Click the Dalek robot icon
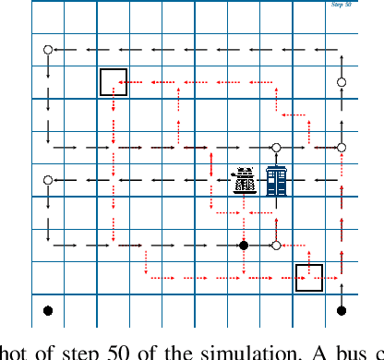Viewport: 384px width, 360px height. point(244,180)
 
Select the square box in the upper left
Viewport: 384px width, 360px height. point(114,81)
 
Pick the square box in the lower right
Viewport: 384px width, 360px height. point(308,278)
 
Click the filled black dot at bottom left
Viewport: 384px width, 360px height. point(48,311)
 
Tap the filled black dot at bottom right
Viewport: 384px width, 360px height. point(342,311)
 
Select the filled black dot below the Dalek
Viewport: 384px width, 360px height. point(244,246)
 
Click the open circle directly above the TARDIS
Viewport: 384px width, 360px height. point(276,148)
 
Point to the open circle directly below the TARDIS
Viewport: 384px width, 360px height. point(276,246)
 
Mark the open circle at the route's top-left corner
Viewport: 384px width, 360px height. point(48,50)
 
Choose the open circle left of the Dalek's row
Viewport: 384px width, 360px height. point(48,180)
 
